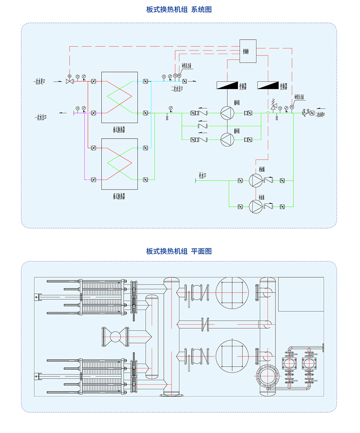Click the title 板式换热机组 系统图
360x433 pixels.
click(x=179, y=9)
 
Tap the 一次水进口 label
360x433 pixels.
click(x=42, y=81)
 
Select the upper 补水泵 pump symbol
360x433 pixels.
click(x=256, y=180)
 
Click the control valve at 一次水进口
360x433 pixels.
click(x=69, y=81)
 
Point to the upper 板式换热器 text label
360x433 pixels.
click(x=119, y=129)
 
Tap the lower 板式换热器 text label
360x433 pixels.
click(x=119, y=196)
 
